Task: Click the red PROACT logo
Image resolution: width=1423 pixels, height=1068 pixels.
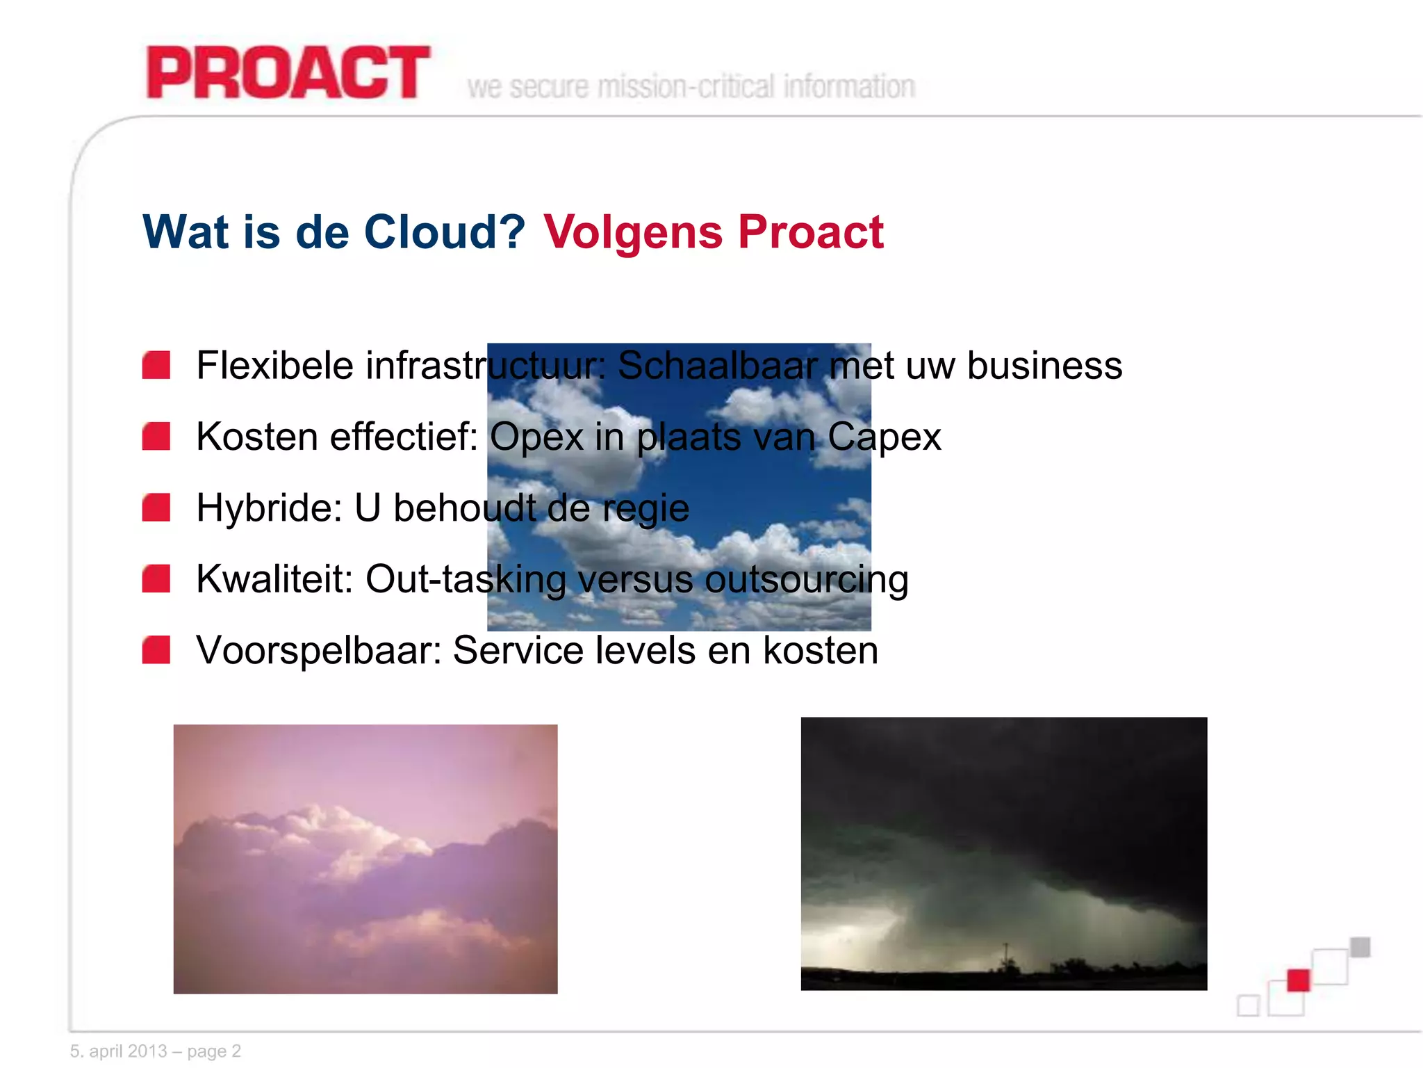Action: pyautogui.click(x=288, y=73)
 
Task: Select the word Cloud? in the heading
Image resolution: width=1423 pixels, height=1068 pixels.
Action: pyautogui.click(x=445, y=232)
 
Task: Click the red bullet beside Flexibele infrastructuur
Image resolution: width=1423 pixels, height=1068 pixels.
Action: pyautogui.click(x=156, y=366)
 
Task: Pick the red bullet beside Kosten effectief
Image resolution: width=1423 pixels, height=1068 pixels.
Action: pyautogui.click(x=156, y=437)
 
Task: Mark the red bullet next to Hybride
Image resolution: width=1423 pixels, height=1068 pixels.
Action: pyautogui.click(x=156, y=508)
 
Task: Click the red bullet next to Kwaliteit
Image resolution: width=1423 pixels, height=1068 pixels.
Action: pyautogui.click(x=156, y=578)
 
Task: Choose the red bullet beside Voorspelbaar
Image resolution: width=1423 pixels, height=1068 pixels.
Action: pyautogui.click(x=156, y=650)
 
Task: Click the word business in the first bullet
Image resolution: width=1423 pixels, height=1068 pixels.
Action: pyautogui.click(x=1044, y=366)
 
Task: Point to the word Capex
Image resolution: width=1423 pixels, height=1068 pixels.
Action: pyautogui.click(x=884, y=437)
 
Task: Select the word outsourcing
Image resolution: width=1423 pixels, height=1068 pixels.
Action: pyautogui.click(x=806, y=580)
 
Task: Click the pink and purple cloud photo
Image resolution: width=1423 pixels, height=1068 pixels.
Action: pyautogui.click(x=365, y=859)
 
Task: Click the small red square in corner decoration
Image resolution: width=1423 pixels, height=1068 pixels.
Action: pyautogui.click(x=1298, y=980)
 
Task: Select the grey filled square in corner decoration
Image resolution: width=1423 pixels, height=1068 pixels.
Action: pyautogui.click(x=1360, y=947)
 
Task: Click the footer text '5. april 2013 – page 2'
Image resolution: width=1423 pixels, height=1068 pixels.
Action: pyautogui.click(x=156, y=1051)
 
